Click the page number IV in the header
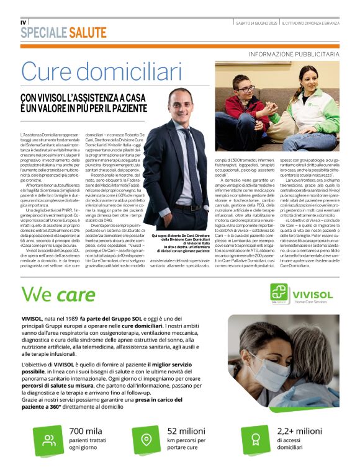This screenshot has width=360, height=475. (x=24, y=23)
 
